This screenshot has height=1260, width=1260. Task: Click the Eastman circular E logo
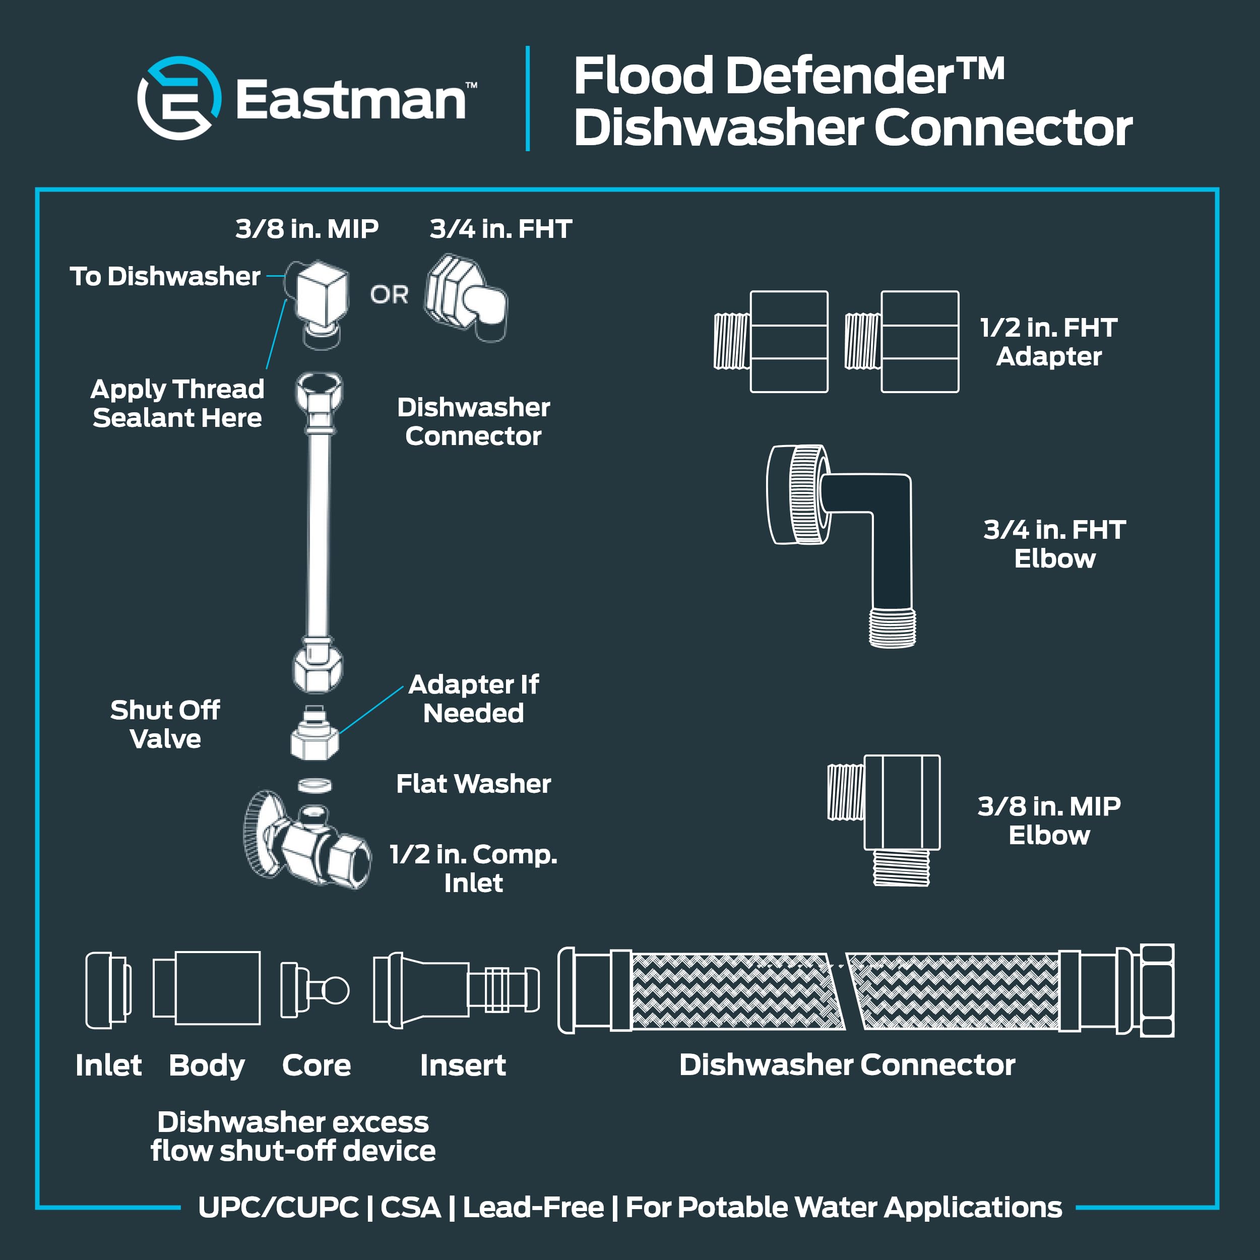click(x=179, y=98)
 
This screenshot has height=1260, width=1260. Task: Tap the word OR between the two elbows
click(x=390, y=295)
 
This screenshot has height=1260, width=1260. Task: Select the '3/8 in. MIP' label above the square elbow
click(x=306, y=229)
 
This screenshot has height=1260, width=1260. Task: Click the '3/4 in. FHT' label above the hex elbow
click(x=501, y=229)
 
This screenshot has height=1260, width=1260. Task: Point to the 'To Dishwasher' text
click(x=165, y=277)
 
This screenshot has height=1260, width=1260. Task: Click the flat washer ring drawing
click(x=315, y=785)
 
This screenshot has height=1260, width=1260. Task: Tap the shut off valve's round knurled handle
click(x=261, y=834)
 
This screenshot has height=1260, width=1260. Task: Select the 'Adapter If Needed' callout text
click(x=473, y=699)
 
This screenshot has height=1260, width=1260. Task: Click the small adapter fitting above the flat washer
click(x=315, y=732)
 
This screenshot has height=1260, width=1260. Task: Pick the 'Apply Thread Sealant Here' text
click(x=177, y=404)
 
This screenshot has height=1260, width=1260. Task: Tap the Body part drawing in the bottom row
click(x=207, y=988)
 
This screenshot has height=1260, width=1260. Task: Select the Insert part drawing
click(x=457, y=990)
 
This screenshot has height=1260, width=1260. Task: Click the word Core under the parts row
click(x=317, y=1065)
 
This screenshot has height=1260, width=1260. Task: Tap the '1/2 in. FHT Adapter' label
click(x=1049, y=342)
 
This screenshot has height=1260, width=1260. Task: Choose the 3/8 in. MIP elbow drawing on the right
click(x=884, y=821)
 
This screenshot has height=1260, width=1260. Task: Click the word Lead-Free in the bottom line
click(x=533, y=1207)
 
